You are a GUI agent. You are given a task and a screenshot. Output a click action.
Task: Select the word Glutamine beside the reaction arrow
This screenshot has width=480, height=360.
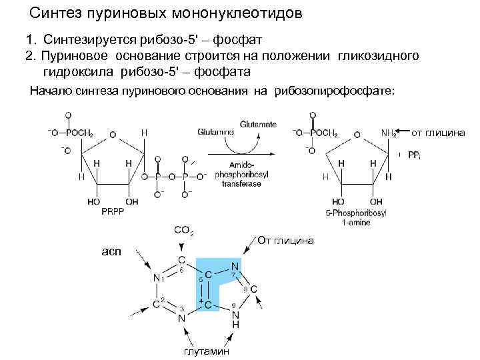coord(215,132)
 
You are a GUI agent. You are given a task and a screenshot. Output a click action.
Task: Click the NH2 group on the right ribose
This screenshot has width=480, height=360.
coord(389,133)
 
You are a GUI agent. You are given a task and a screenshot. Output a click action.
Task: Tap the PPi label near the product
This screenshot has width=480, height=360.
coord(413,155)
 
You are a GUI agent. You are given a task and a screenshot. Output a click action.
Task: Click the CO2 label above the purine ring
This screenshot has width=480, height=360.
coord(183,231)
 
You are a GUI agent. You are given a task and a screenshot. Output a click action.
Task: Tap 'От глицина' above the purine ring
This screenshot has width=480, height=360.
coord(285,240)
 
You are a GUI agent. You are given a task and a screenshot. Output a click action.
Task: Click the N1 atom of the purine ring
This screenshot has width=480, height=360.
coord(157,278)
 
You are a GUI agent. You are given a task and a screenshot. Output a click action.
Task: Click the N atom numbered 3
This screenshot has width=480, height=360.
coord(181,319)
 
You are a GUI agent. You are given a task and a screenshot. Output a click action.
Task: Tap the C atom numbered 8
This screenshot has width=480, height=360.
coord(254,289)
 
